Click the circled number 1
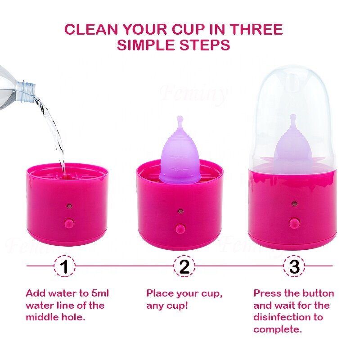click(64, 266)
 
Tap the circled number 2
click(184, 266)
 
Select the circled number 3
click(294, 266)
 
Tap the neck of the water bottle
click(28, 87)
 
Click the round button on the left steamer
click(68, 223)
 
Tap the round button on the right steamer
click(295, 222)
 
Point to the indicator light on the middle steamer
click(180, 210)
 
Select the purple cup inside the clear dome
click(293, 148)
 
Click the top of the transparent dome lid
click(292, 72)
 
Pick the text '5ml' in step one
click(98, 293)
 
